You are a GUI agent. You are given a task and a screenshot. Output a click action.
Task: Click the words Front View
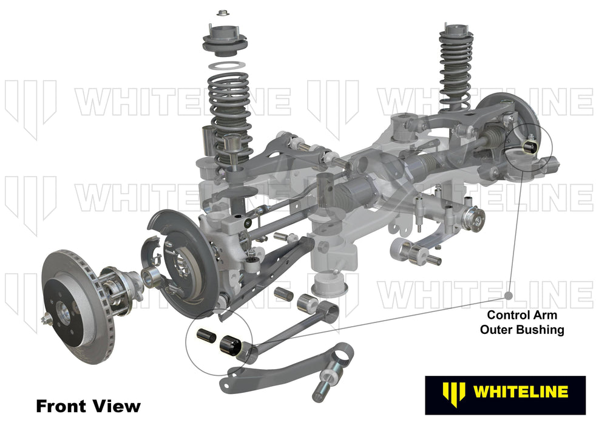click(88, 406)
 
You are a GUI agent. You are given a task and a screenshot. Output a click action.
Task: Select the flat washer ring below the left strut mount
click(226, 65)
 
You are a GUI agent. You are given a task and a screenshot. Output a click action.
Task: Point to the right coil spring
click(456, 67)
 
